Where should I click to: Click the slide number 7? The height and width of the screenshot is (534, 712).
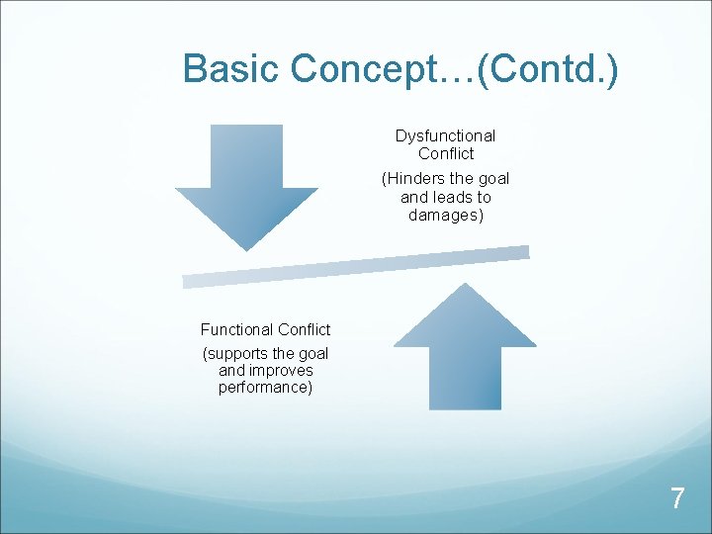[x=676, y=498]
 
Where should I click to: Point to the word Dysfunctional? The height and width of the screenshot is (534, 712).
[x=445, y=135]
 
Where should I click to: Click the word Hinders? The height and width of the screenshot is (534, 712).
[x=415, y=179]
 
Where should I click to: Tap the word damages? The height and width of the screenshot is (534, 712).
[x=445, y=215]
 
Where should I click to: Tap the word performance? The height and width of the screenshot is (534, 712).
[x=265, y=387]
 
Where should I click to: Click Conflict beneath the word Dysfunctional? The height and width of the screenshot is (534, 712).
[x=446, y=153]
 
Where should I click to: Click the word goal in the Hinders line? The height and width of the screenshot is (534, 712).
[x=492, y=179]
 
